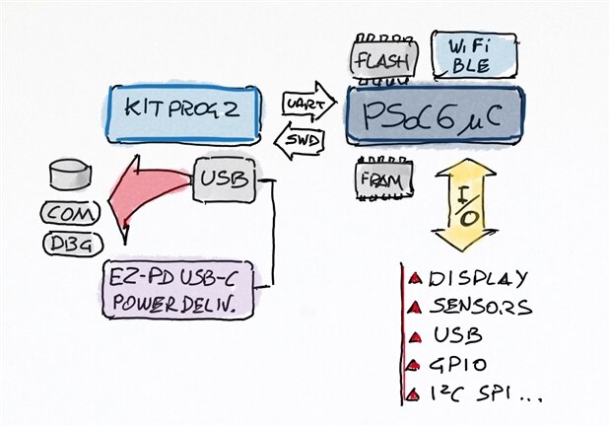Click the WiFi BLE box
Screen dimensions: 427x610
coord(475,55)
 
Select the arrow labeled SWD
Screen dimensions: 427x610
coord(298,139)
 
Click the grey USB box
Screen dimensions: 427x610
coord(223,179)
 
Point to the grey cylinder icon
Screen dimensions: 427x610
coord(70,177)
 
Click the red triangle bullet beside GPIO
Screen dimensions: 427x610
coord(415,367)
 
